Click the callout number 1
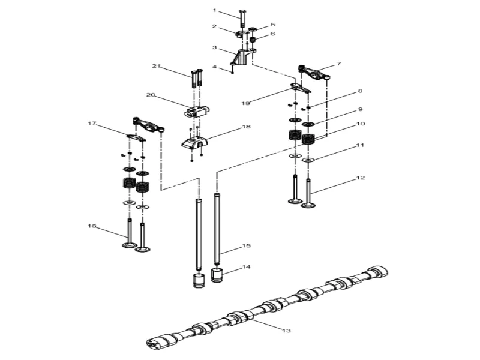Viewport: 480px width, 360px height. (x=214, y=10)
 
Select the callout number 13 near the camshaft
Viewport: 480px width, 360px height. (x=286, y=330)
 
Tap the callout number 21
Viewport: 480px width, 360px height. (x=157, y=66)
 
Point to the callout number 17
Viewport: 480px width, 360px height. (x=92, y=124)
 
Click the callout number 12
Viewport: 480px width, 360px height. (x=360, y=178)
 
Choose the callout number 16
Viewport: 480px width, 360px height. (x=92, y=226)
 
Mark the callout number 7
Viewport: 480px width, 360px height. (x=338, y=63)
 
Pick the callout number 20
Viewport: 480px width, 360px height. (x=151, y=95)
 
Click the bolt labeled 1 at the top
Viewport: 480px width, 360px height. (x=242, y=19)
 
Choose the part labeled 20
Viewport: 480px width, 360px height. (x=197, y=112)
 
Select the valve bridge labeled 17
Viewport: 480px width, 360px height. (x=136, y=137)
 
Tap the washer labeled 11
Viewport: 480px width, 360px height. (x=308, y=161)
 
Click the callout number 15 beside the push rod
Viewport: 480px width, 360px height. (x=245, y=246)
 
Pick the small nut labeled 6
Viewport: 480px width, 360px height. (x=253, y=41)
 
